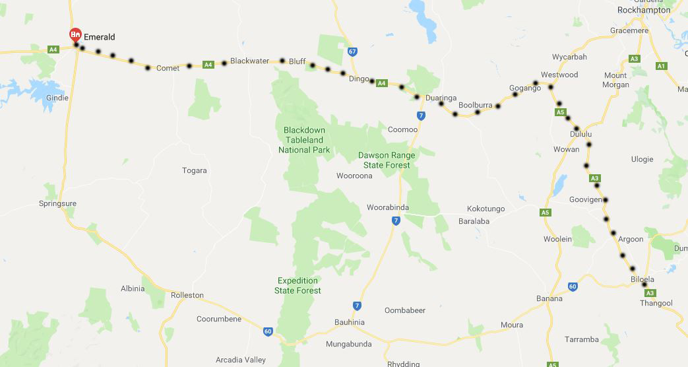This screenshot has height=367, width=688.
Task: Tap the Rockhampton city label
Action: [x=643, y=10]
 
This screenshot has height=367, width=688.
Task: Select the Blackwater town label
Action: [x=249, y=61]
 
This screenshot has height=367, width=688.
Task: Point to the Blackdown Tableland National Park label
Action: [x=304, y=140]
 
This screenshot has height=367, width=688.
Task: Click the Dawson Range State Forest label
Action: [x=387, y=160]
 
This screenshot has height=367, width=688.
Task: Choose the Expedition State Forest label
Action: [x=299, y=285]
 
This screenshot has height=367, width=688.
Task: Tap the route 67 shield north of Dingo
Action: [x=353, y=51]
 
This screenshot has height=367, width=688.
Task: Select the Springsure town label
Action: [x=59, y=203]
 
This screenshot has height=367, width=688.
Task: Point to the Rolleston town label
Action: [x=187, y=295]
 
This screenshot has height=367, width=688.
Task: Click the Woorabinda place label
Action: [x=388, y=207]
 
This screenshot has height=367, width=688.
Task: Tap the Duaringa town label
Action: [x=441, y=98]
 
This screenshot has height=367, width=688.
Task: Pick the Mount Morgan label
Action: [x=615, y=80]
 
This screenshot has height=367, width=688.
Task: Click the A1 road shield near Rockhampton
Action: [x=662, y=66]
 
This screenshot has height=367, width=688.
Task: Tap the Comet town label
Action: [x=168, y=69]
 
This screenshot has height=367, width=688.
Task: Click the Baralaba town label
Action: [x=474, y=221]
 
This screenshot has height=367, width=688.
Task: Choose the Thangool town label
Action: [x=656, y=303]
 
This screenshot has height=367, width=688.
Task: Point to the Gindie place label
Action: [x=57, y=98]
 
